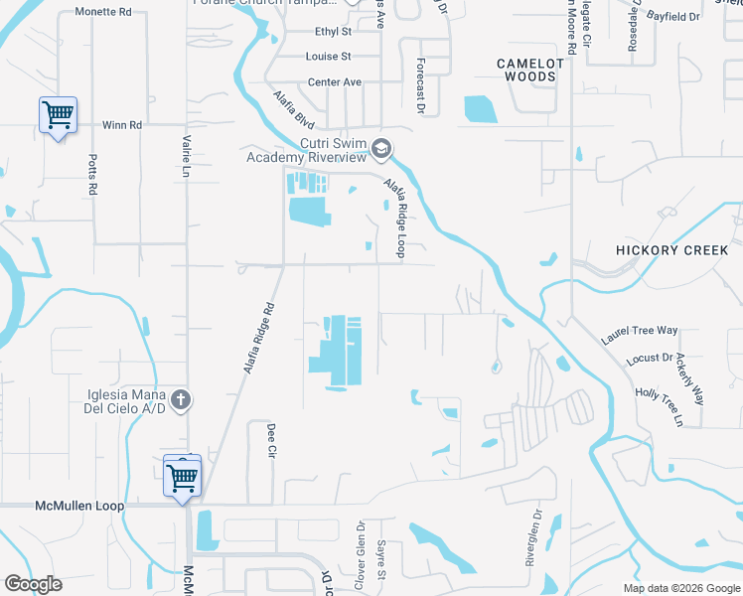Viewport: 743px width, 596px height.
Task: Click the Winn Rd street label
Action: [x=122, y=126]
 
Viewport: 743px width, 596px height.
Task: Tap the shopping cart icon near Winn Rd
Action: [x=58, y=115]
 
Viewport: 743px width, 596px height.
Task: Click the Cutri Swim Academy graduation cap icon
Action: [x=380, y=150]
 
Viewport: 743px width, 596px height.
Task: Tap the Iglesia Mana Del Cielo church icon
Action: [x=180, y=400]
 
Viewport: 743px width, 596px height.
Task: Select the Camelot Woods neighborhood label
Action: [x=530, y=70]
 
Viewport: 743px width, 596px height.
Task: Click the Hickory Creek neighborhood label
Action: [x=671, y=250]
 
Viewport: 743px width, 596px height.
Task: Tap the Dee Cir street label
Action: [x=270, y=440]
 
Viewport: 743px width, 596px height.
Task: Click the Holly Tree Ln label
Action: [x=660, y=407]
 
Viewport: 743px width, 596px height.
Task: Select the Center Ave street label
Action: [x=334, y=82]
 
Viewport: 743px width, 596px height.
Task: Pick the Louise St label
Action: [x=329, y=58]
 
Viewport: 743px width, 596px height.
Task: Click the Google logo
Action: [x=33, y=584]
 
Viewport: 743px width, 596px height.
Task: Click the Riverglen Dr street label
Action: [x=531, y=537]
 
